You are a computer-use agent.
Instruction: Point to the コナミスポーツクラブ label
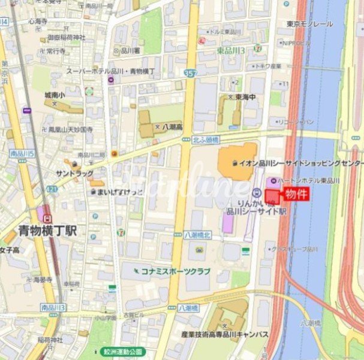point(175,271)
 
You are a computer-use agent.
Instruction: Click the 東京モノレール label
point(309,24)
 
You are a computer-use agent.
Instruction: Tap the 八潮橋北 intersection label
point(198,235)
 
